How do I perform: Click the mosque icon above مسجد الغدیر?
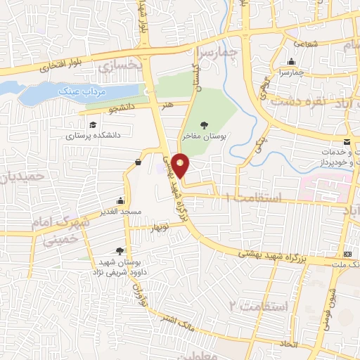click(122, 200)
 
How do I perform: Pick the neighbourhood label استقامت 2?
click(259, 306)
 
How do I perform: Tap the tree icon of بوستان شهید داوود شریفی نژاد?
click(120, 251)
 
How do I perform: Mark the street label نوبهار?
click(157, 227)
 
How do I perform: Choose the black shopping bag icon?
click(136, 162)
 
